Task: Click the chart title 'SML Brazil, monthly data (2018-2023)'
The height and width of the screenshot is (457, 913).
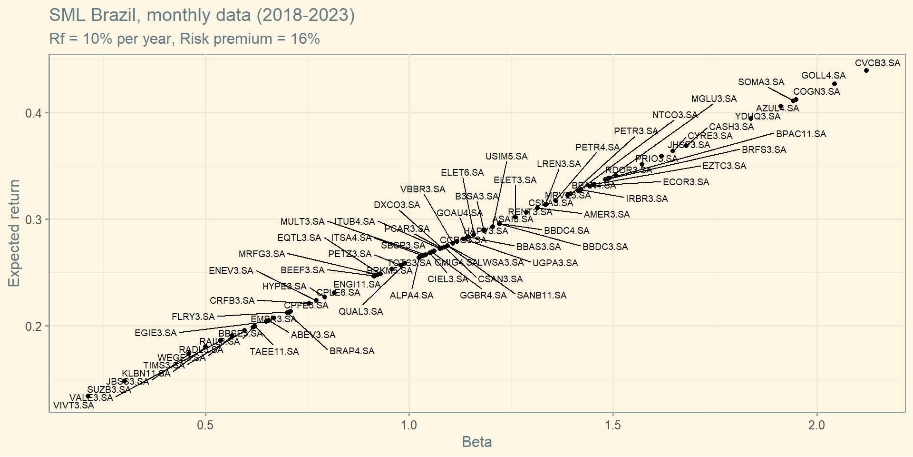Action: point(202,15)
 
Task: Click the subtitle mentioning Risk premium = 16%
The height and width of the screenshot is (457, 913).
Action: point(185,39)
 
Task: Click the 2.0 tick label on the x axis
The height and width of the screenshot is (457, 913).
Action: point(816,425)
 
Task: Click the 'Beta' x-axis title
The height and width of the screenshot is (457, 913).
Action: point(476,442)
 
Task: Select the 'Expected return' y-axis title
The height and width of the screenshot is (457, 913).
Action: point(14,233)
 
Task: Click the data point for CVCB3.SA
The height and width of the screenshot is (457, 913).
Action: point(866,70)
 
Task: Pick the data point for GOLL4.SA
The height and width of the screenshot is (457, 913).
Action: point(835,84)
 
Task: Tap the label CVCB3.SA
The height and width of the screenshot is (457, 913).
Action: point(877,63)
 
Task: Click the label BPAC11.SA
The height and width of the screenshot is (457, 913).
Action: point(801,134)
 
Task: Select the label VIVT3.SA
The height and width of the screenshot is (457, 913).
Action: point(74,406)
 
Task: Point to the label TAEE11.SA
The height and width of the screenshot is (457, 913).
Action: point(274,352)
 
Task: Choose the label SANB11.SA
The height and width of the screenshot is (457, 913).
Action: point(542,296)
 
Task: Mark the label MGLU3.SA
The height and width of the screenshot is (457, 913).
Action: point(714,99)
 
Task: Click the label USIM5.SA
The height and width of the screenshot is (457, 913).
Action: point(506,157)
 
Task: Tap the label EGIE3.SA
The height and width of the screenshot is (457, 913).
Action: point(155,333)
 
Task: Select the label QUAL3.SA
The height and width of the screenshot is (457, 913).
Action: point(360,312)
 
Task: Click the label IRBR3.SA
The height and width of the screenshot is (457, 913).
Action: point(647,199)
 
